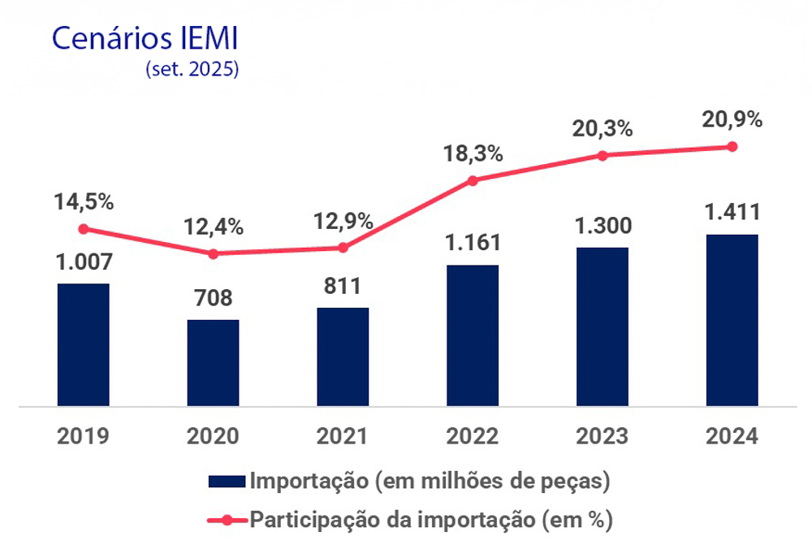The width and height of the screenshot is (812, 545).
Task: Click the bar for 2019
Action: pos(83,344)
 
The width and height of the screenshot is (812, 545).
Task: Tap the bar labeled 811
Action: pos(343,357)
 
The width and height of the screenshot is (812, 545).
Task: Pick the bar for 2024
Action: pos(732,320)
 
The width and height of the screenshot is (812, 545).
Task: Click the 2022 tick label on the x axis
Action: pos(472,436)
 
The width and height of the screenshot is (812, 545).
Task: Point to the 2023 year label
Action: pos(602,436)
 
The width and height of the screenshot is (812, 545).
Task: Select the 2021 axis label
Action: pos(342,436)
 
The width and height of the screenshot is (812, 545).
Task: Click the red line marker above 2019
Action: pos(83,229)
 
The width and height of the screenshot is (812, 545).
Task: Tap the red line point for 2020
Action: pos(213,253)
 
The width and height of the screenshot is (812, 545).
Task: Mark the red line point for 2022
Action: pos(473,180)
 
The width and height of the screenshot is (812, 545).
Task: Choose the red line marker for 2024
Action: pos(732,147)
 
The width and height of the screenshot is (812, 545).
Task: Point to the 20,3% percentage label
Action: pos(602,128)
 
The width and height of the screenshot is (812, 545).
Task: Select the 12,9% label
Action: pos(342,220)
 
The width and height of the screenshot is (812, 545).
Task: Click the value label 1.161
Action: pos(472,243)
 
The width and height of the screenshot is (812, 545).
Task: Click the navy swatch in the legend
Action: pos(227,481)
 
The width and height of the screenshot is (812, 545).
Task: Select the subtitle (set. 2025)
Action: pos(192,69)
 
